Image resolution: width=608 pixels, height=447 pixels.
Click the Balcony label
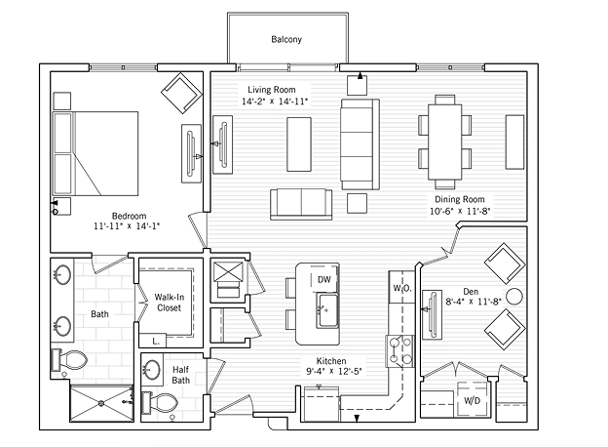pyautogui.click(x=286, y=40)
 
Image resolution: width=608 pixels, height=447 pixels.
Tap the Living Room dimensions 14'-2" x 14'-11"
pyautogui.click(x=275, y=102)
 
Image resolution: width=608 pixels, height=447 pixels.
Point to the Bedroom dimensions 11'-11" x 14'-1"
pyautogui.click(x=126, y=225)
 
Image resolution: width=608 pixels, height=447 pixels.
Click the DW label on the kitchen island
pyautogui.click(x=323, y=280)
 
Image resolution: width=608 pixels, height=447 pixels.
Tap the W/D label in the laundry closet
pyautogui.click(x=471, y=400)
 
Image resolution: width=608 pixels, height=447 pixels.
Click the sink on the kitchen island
pyautogui.click(x=323, y=313)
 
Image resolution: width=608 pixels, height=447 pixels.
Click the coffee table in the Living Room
pyautogui.click(x=299, y=142)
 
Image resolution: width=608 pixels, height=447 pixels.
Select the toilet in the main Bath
pyautogui.click(x=68, y=361)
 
